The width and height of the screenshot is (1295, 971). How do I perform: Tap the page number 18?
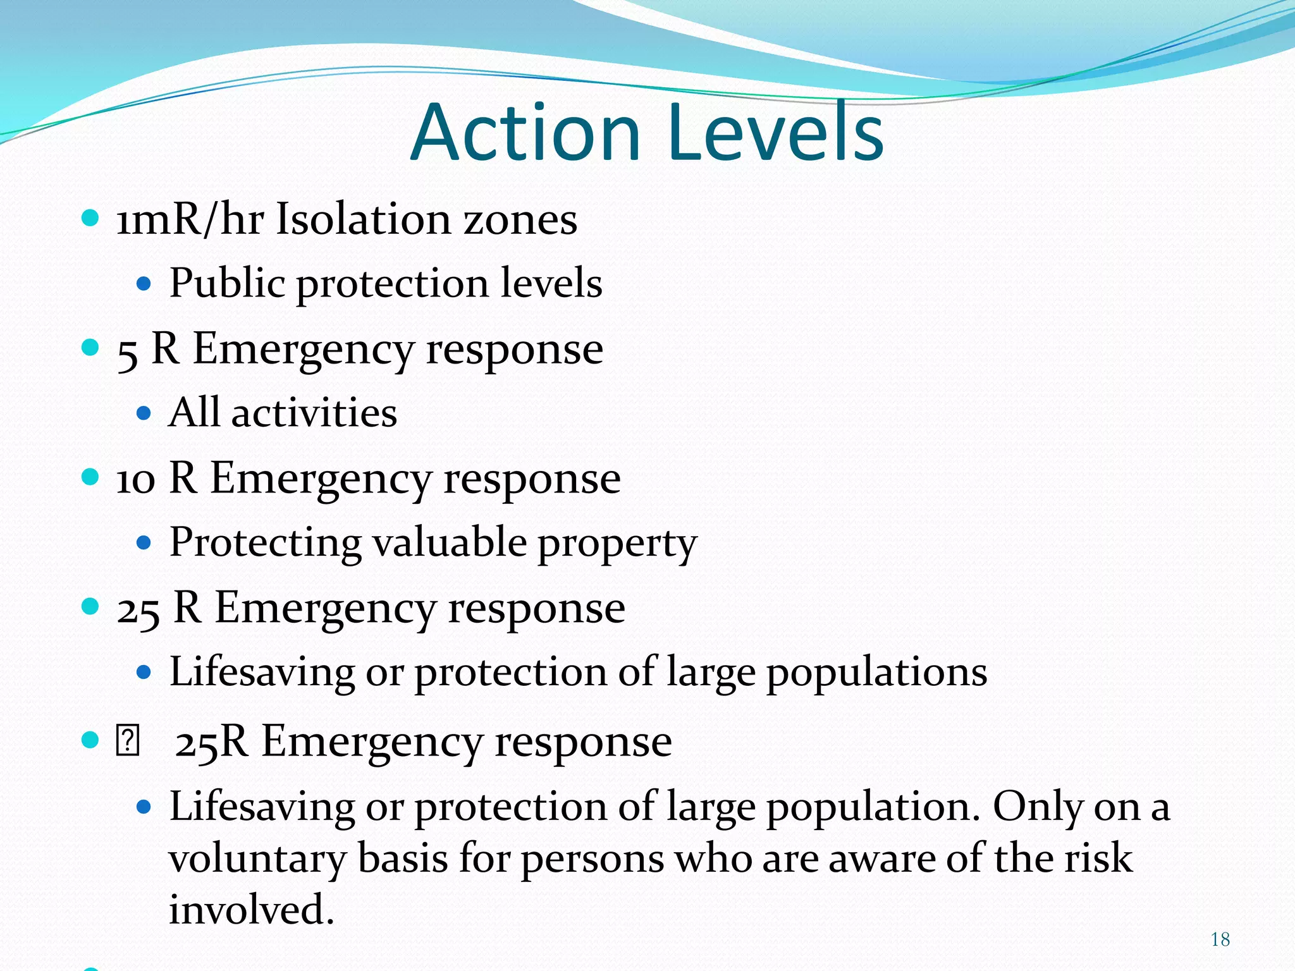coord(1220,939)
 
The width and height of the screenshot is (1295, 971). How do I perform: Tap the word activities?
coord(314,413)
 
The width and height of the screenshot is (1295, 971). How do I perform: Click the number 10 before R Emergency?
coord(135,479)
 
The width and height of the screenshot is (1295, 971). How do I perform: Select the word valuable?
coord(449,542)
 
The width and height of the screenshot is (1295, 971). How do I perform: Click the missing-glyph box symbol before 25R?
coord(127,741)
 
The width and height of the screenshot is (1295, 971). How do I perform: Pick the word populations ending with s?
coord(876,673)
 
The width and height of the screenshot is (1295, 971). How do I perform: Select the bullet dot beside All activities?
coord(144,413)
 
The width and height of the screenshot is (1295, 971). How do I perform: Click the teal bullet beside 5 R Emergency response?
coord(91,348)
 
